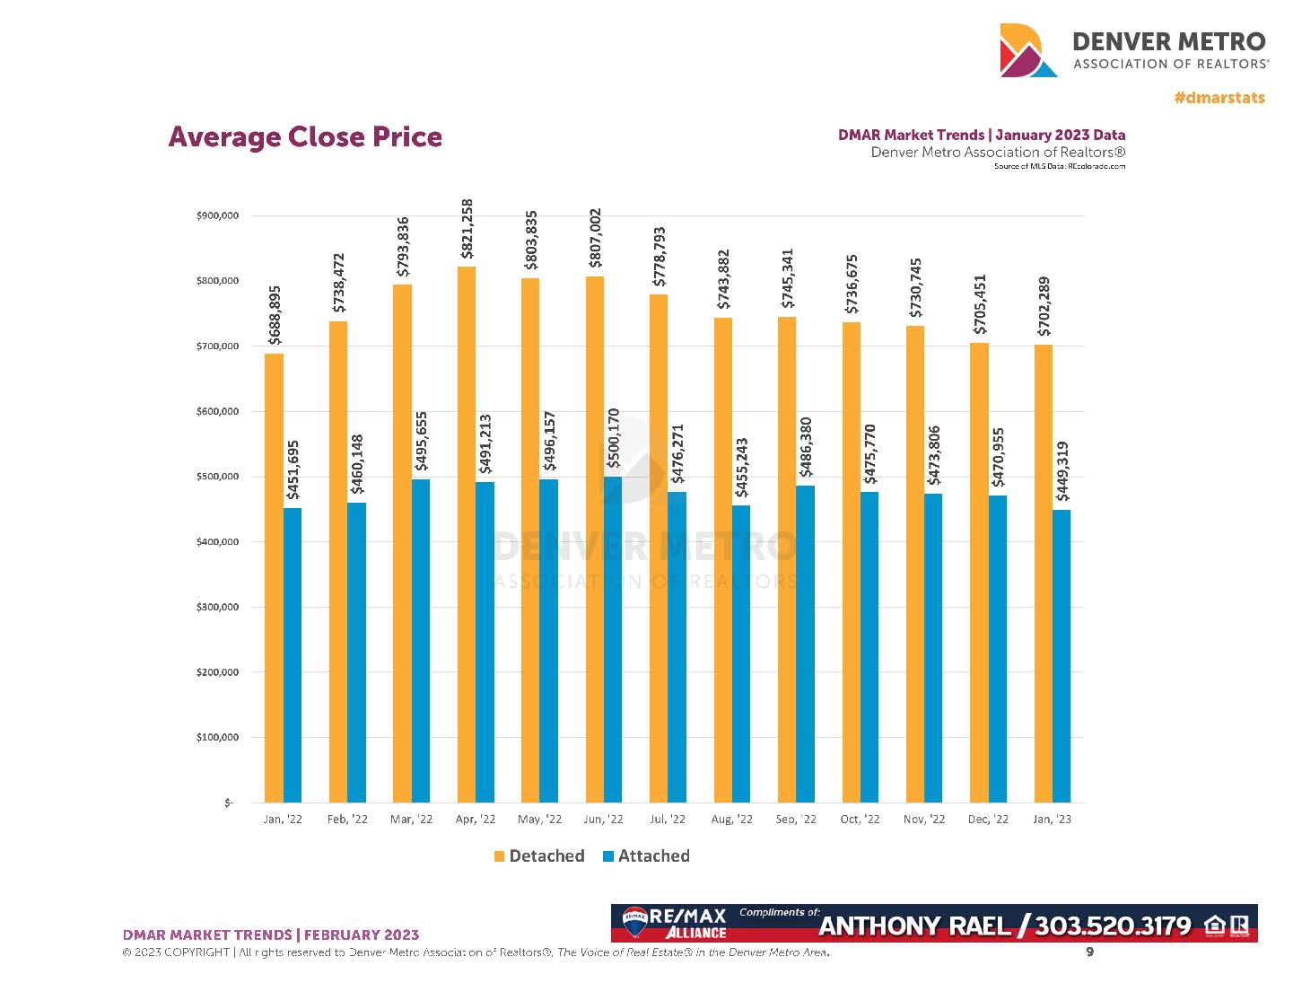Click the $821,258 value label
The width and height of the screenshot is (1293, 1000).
[467, 229]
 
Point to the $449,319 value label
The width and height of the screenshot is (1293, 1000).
[1062, 471]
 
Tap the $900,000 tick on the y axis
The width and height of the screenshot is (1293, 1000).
[217, 215]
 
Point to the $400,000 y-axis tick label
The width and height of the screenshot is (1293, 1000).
[217, 542]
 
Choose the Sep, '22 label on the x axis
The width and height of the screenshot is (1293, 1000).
[796, 820]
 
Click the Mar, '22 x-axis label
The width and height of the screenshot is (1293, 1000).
[411, 820]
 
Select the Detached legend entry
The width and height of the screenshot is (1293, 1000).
[539, 856]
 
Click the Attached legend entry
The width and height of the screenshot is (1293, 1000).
[646, 856]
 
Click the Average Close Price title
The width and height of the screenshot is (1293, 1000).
[305, 137]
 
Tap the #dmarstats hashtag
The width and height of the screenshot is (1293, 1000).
[1219, 98]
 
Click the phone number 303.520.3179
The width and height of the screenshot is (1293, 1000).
[1113, 925]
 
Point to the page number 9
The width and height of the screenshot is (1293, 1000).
[1090, 952]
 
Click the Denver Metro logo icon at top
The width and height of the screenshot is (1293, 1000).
[1028, 50]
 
